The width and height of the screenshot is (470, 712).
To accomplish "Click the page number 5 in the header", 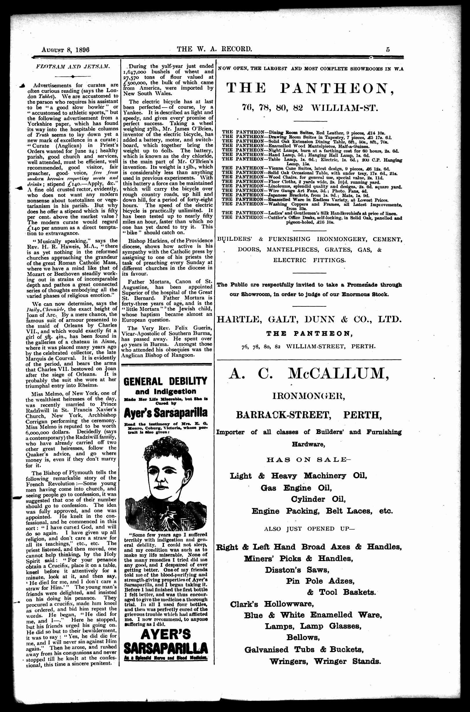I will click(388, 49).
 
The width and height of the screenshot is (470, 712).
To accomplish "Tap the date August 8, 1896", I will click(66, 50).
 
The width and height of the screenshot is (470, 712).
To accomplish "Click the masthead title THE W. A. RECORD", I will click(214, 49).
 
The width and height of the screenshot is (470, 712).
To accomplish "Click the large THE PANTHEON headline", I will click(309, 89).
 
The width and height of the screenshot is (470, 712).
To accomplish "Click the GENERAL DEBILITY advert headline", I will click(165, 381).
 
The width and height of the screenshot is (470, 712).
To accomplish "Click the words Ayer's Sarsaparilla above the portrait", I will click(165, 413).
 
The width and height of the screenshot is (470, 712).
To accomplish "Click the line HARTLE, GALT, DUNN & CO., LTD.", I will click(309, 319).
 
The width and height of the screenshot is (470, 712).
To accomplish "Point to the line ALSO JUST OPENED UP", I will click(309, 529).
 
